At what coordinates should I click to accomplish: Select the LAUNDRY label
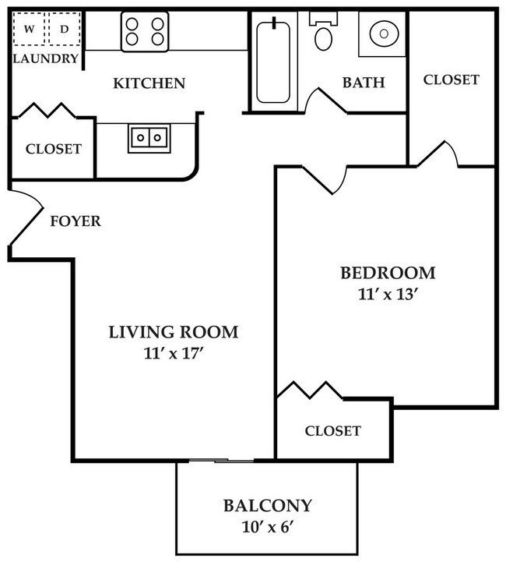(x=46, y=58)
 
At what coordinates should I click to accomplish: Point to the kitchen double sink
(x=149, y=138)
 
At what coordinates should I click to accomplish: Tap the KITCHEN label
(x=149, y=83)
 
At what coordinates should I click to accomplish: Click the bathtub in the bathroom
(x=272, y=62)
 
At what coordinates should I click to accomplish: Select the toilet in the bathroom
(x=322, y=33)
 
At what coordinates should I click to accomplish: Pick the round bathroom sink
(x=381, y=34)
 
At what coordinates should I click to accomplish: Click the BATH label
(x=364, y=83)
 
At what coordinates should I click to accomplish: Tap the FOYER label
(x=76, y=221)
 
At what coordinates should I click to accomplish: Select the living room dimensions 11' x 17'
(x=173, y=353)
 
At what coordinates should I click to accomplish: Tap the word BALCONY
(x=268, y=505)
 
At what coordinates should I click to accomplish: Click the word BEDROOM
(x=387, y=273)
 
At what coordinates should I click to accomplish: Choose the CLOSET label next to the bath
(x=452, y=80)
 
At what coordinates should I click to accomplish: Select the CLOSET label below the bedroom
(x=332, y=430)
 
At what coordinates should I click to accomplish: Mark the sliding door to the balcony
(x=222, y=461)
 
